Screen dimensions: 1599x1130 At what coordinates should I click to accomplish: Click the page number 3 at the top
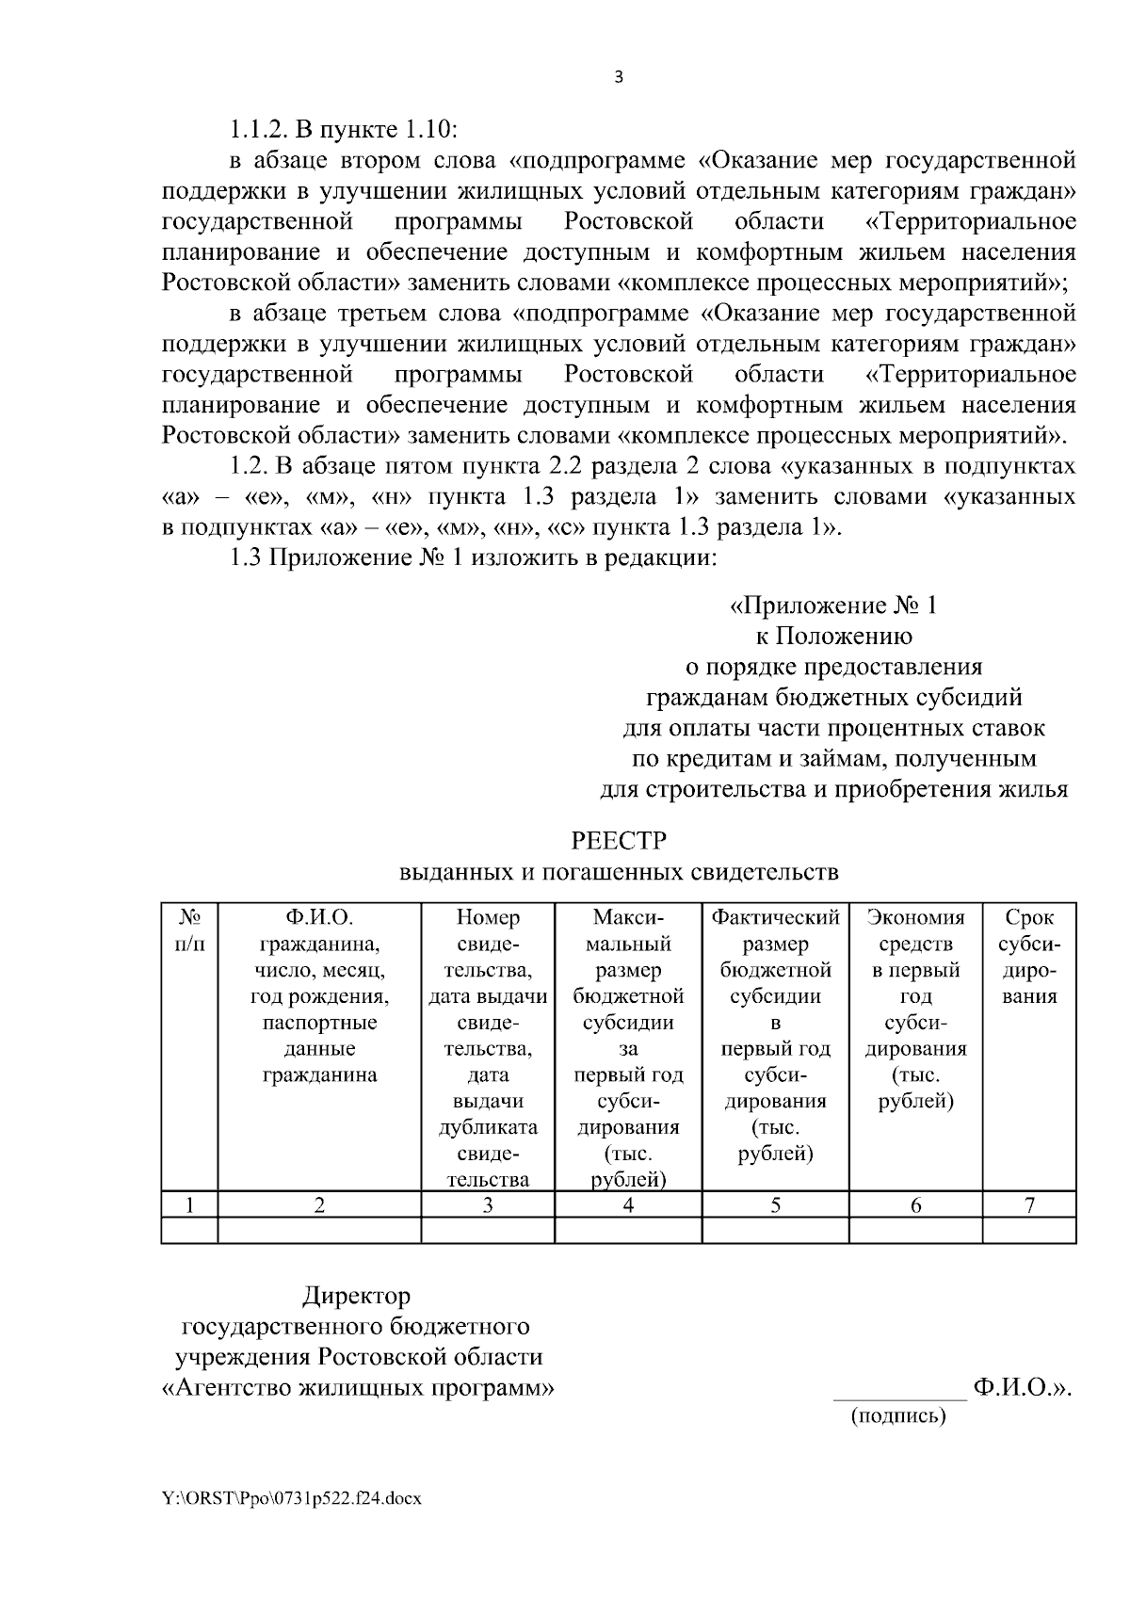[618, 78]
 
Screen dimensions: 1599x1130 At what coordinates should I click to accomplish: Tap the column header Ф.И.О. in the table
[319, 917]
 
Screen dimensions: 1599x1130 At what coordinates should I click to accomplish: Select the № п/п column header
[189, 929]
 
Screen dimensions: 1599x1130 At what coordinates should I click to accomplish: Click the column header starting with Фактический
[775, 917]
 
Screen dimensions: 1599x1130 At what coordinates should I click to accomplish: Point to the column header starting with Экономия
[915, 917]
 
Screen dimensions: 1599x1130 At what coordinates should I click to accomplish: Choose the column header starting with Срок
[1028, 917]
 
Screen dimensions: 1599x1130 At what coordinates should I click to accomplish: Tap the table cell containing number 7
[1028, 1205]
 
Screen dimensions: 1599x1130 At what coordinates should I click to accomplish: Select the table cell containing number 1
[189, 1205]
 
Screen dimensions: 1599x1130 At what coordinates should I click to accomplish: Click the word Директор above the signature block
[356, 1298]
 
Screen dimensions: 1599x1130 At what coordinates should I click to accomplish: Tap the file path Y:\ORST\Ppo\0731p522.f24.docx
[291, 1497]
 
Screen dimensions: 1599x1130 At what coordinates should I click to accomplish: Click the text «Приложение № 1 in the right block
[834, 606]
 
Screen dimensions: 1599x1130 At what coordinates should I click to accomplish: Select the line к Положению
[834, 637]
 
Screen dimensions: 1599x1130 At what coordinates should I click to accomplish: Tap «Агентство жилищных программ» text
[358, 1389]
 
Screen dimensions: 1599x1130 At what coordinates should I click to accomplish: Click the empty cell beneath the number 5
[775, 1230]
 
